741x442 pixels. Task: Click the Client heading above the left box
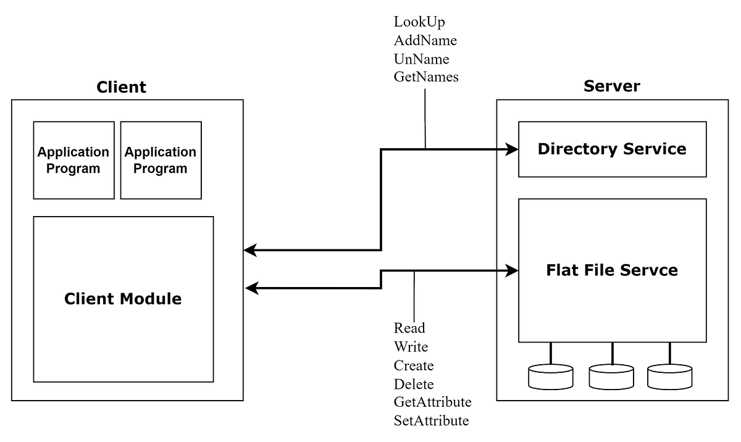(x=122, y=87)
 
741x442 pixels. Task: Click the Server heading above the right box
(x=611, y=86)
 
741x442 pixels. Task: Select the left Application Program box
(x=73, y=160)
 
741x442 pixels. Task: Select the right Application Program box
(x=161, y=160)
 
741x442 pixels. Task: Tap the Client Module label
(x=123, y=299)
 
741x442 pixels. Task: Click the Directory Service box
(x=612, y=149)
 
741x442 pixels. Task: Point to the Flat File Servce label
(x=612, y=270)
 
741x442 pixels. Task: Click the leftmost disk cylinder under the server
(x=551, y=377)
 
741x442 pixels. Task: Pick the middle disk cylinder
(x=611, y=377)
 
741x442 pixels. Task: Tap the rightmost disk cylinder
(x=669, y=377)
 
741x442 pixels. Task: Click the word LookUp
(x=419, y=22)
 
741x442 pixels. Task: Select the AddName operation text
(x=425, y=41)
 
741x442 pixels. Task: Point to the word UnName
(x=421, y=59)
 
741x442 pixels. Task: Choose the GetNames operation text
(x=426, y=78)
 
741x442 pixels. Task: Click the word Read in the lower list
(x=409, y=328)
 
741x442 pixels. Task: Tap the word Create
(x=414, y=365)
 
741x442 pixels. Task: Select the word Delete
(x=414, y=384)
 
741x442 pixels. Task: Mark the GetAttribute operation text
(x=432, y=402)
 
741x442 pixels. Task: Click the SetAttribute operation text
(x=431, y=421)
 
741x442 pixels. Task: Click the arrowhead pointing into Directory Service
(x=511, y=149)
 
